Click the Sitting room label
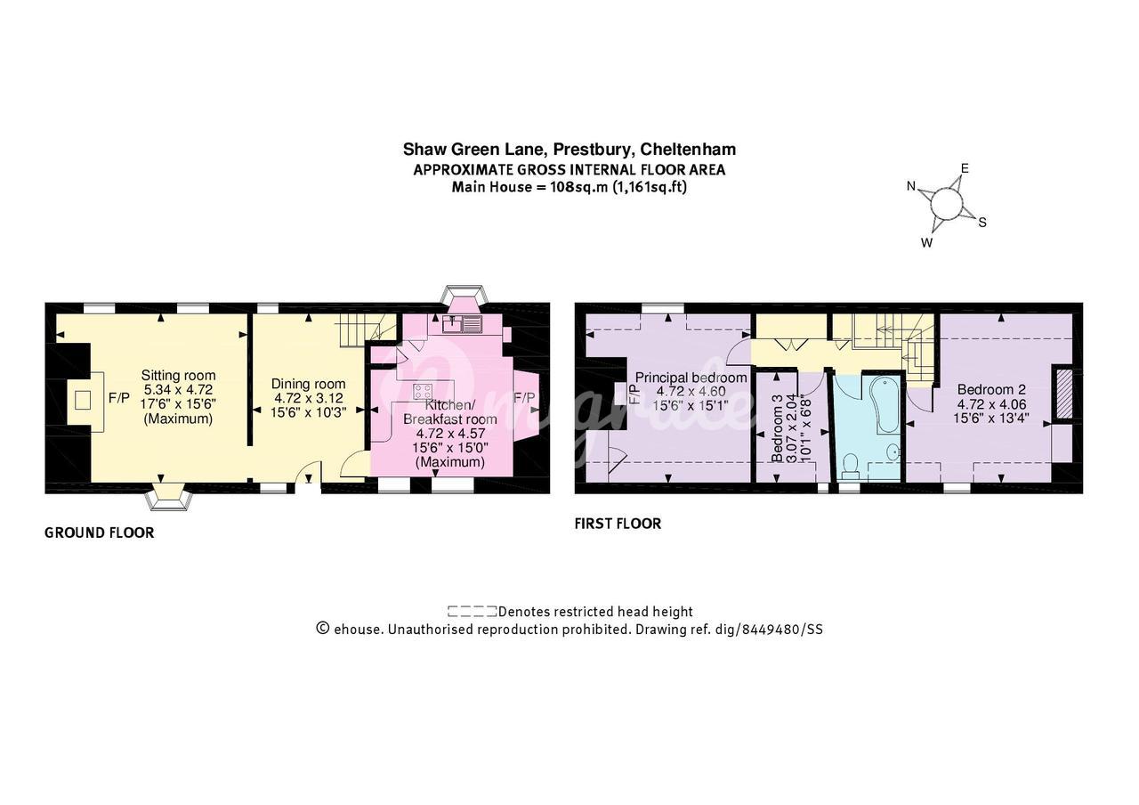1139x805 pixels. point(179,376)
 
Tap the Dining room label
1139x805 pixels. point(308,384)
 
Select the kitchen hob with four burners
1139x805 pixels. point(423,391)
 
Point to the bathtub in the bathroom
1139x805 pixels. point(886,404)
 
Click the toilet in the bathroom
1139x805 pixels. point(850,467)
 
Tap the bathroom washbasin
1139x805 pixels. point(893,451)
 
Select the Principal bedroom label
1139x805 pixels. point(691,378)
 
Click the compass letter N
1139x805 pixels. point(911,186)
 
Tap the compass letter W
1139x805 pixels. point(926,243)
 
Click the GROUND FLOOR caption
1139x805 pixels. point(100,533)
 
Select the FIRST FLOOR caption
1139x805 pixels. point(618,524)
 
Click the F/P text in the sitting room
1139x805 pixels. point(119,398)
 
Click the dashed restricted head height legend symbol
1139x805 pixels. point(472,611)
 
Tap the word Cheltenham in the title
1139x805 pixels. point(688,149)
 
